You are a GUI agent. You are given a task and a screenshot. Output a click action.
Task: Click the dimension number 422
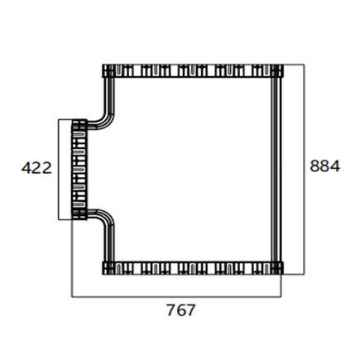tap(36, 168)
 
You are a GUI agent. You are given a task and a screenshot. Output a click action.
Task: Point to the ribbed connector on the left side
tap(79, 170)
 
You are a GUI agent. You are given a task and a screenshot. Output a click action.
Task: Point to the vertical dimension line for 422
tap(58, 170)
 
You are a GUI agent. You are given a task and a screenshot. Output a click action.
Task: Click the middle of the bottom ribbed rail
tap(192, 267)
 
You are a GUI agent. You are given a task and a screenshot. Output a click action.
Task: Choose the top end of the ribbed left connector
tap(79, 123)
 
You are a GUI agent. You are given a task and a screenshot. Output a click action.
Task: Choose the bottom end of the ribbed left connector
tap(79, 217)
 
